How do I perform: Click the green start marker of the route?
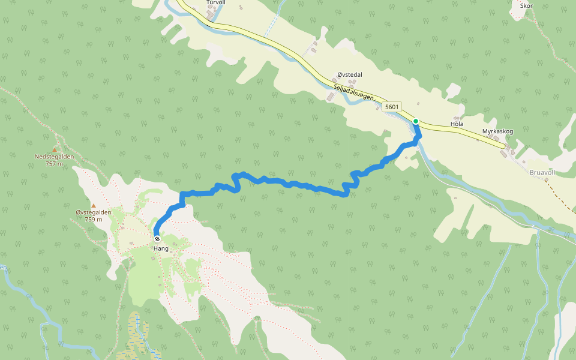click(x=415, y=121)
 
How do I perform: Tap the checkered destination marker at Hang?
click(x=157, y=239)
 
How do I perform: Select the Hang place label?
click(x=160, y=248)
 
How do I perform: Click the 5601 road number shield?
click(x=391, y=107)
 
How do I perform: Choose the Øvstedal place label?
click(x=350, y=74)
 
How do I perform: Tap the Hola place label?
click(x=457, y=124)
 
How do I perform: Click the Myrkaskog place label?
click(x=497, y=131)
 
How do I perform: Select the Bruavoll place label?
click(x=543, y=171)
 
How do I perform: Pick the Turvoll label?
click(x=215, y=2)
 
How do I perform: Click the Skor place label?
click(x=527, y=5)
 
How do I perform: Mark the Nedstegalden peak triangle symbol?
click(x=54, y=149)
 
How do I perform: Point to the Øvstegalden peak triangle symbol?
click(x=93, y=205)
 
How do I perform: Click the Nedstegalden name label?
click(x=54, y=157)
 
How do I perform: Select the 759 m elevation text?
click(x=93, y=219)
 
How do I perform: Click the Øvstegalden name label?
click(x=93, y=212)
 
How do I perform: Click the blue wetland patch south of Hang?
click(x=138, y=336)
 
